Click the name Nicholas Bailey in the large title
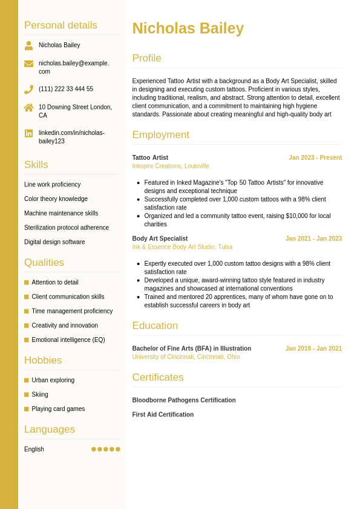(188, 28)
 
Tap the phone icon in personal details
(28, 90)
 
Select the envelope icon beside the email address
(28, 64)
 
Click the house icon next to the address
(28, 108)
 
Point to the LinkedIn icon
(28, 133)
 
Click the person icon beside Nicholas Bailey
(28, 45)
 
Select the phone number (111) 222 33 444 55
(66, 89)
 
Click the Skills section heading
(36, 165)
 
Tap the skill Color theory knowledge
(56, 199)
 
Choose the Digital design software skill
(54, 242)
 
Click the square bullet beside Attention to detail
(27, 283)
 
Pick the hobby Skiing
(40, 395)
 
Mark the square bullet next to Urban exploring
(27, 380)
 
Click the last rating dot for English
(118, 449)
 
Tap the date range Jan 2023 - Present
(315, 158)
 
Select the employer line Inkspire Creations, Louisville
(171, 166)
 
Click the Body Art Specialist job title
(160, 238)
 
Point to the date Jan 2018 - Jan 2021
(313, 349)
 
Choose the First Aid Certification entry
(163, 415)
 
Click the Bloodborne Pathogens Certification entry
(184, 400)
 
